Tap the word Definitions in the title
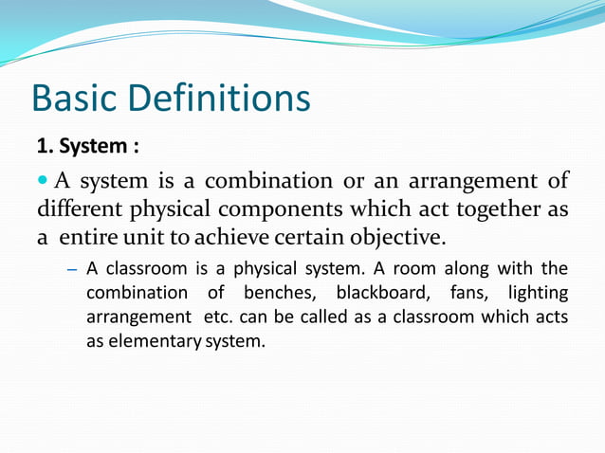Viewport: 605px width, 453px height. (x=224, y=99)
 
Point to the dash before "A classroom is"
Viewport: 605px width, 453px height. (x=71, y=269)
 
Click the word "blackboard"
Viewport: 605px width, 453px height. (x=377, y=293)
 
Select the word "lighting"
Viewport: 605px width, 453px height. (x=538, y=293)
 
